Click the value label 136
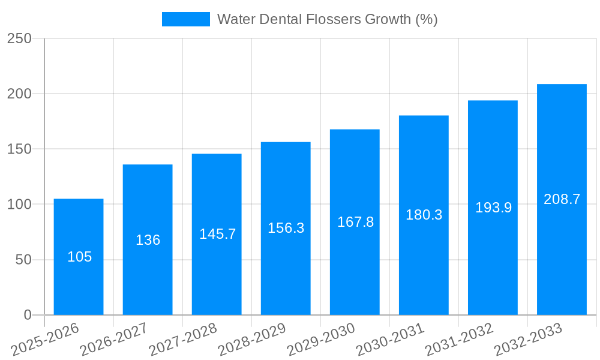click(148, 240)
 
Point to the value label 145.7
click(217, 234)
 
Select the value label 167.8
click(355, 222)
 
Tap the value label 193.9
click(493, 208)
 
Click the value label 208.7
click(562, 199)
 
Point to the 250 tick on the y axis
click(20, 38)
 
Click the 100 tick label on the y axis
click(20, 205)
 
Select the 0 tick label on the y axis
click(27, 315)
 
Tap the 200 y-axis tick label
click(20, 94)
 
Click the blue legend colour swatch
click(185, 19)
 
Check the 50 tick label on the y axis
click(23, 260)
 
